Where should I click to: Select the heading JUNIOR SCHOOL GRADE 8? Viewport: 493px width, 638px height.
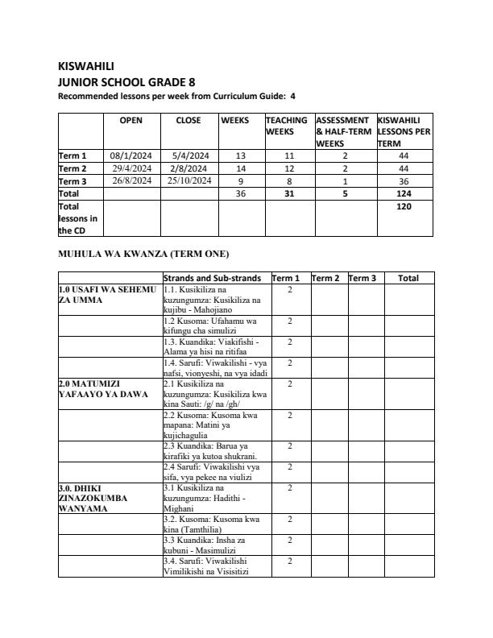pyautogui.click(x=126, y=82)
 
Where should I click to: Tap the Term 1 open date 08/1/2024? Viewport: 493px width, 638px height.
pyautogui.click(x=131, y=155)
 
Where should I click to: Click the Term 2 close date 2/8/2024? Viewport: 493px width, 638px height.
pyautogui.click(x=189, y=168)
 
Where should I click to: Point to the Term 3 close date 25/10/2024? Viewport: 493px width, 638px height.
pyautogui.click(x=189, y=181)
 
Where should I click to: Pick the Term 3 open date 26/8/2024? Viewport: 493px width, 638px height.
pyautogui.click(x=131, y=181)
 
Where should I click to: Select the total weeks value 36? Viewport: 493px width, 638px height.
pyautogui.click(x=240, y=194)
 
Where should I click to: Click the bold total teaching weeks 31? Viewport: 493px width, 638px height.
pyautogui.click(x=288, y=194)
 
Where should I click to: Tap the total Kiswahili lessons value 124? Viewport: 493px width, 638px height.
pyautogui.click(x=404, y=194)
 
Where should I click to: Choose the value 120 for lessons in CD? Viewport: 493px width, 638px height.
pyautogui.click(x=404, y=207)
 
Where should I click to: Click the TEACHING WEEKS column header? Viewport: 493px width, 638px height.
pyautogui.click(x=287, y=126)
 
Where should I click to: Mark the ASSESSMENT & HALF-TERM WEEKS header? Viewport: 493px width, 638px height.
pyautogui.click(x=343, y=131)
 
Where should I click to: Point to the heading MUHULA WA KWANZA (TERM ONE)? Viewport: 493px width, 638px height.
pyautogui.click(x=143, y=255)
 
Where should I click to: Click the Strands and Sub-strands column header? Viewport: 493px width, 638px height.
pyautogui.click(x=212, y=278)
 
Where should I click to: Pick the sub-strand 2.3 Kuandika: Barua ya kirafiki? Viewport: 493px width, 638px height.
pyautogui.click(x=210, y=452)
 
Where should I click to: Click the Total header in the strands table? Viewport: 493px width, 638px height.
pyautogui.click(x=408, y=278)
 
